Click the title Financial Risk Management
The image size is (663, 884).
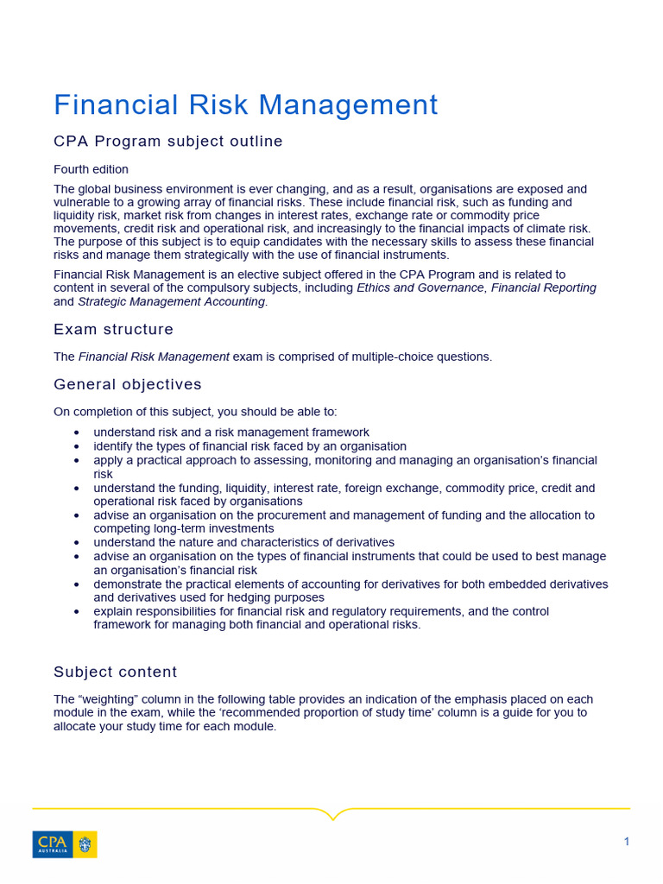pos(246,105)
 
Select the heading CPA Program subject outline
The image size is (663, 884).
pos(168,142)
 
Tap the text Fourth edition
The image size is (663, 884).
pos(91,169)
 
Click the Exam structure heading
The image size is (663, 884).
pos(113,330)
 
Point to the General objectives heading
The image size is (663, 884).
pos(128,385)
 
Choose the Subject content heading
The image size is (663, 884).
pos(116,672)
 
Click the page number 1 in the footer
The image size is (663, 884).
pos(627,842)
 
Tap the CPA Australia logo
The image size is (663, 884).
pos(65,844)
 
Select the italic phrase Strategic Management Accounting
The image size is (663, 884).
pos(171,302)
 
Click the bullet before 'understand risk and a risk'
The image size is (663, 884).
pos(78,433)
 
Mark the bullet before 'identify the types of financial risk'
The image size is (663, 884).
pos(78,446)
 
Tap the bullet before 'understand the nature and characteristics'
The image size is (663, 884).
pos(78,543)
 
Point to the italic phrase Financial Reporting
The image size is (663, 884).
pos(544,288)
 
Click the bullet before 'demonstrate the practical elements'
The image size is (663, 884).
pos(78,584)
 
